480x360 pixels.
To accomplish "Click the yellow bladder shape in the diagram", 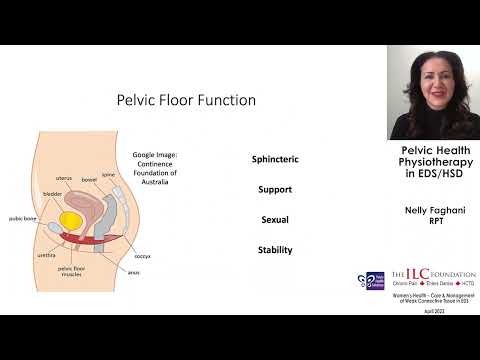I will click(72, 219).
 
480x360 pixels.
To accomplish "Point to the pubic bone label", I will click(23, 217).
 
